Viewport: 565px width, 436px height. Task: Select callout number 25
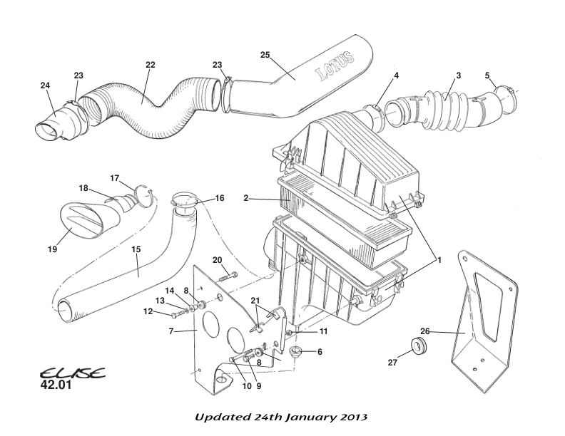click(x=265, y=56)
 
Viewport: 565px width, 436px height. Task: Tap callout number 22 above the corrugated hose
click(x=150, y=65)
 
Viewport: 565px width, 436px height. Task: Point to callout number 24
click(x=45, y=85)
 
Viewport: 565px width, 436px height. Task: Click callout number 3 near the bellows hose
click(x=459, y=76)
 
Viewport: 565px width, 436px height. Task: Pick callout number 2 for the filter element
click(x=245, y=199)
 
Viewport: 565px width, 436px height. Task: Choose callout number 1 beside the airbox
click(x=439, y=261)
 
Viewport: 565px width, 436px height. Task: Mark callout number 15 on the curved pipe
click(x=136, y=250)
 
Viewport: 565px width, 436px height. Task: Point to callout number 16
click(x=220, y=198)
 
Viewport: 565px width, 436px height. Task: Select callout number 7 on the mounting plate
click(x=171, y=331)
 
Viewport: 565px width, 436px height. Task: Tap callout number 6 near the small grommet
click(x=319, y=352)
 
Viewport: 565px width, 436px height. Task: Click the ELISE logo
click(x=72, y=373)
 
